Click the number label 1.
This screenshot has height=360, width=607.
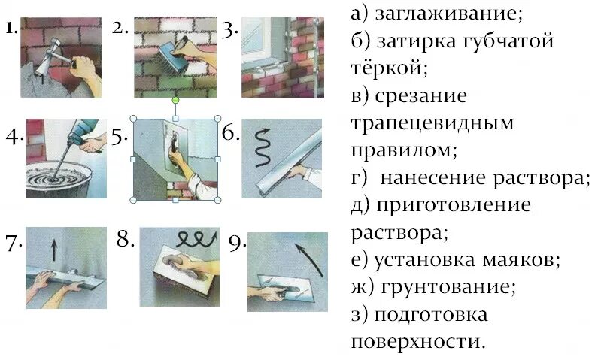[10, 29]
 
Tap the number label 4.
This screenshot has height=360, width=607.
[12, 138]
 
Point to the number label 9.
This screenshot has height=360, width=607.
[237, 242]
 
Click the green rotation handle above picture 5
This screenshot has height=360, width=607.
[175, 99]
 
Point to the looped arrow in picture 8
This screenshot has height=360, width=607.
[195, 240]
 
